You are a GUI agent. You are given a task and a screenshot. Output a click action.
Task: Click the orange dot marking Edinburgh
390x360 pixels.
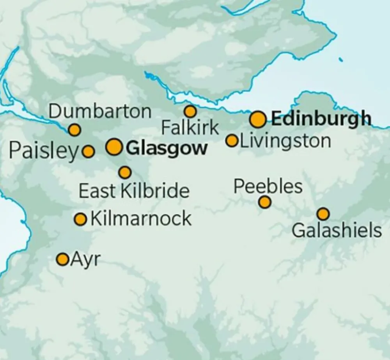(258, 119)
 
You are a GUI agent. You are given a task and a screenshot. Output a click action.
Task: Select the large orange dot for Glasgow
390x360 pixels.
(114, 147)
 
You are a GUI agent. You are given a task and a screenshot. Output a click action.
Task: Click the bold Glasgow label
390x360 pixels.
(167, 149)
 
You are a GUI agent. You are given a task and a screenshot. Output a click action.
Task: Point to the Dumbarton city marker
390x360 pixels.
(74, 130)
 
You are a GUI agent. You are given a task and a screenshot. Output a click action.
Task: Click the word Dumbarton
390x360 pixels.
(100, 112)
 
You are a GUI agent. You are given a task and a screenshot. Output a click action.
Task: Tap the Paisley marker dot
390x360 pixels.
(89, 151)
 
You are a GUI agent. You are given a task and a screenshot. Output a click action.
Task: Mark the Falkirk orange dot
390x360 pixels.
(190, 112)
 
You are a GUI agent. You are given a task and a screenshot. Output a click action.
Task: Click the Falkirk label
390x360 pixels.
(190, 128)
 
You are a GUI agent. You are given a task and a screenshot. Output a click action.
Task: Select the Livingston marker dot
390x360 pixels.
(232, 140)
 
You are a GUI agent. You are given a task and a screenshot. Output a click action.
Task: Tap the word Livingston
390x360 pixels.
(285, 141)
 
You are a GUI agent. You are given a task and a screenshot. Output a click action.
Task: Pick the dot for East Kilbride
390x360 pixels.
(125, 172)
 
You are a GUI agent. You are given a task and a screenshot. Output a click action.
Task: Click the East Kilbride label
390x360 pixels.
(134, 191)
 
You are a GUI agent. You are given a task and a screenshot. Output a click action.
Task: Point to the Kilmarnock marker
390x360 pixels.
(80, 219)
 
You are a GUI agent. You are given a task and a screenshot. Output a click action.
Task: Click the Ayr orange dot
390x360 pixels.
(62, 259)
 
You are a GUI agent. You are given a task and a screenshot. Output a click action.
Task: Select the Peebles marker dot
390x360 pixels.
(265, 202)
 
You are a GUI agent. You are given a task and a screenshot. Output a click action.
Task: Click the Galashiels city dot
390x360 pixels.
(323, 214)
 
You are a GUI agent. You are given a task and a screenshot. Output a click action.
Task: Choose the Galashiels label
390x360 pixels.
(337, 231)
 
